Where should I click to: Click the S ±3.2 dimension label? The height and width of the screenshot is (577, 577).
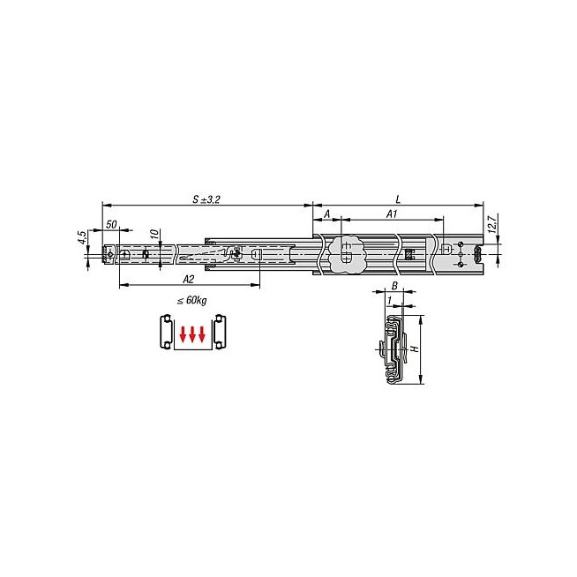point(206,199)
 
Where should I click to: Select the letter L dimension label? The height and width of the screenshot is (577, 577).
point(398,199)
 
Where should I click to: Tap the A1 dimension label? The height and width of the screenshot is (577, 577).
point(392,214)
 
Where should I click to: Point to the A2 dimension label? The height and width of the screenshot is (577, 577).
point(189,280)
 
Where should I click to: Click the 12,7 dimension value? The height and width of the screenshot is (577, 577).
point(492,224)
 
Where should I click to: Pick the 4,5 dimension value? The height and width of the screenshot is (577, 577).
point(82,237)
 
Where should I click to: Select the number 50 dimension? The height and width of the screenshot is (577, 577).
point(111,224)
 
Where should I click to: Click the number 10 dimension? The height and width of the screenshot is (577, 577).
point(155,233)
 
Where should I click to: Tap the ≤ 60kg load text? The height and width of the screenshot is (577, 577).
point(191,300)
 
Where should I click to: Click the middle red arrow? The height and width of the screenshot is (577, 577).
point(192,334)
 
